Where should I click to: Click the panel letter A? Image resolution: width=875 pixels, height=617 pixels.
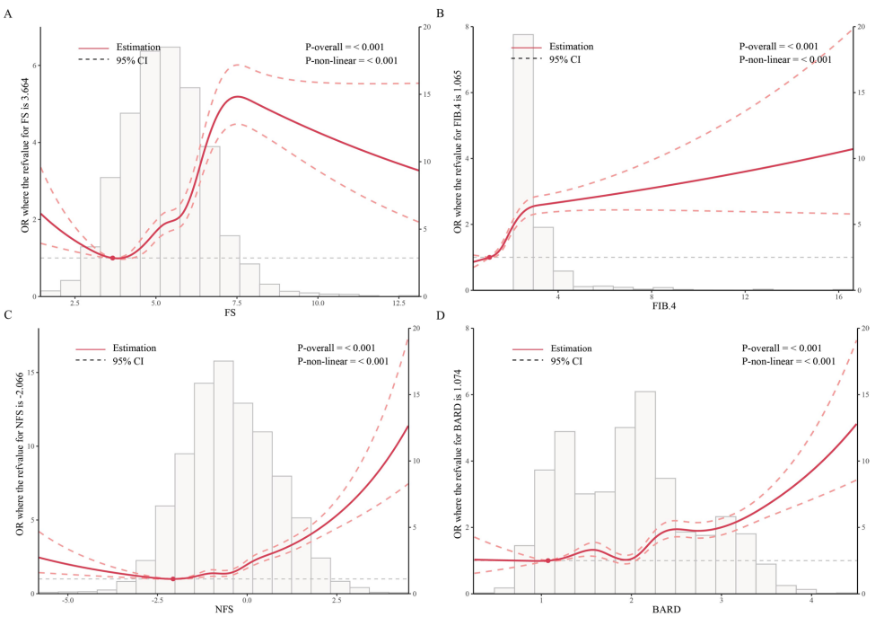(x=8, y=13)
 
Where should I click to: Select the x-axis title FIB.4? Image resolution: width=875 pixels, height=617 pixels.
(x=659, y=306)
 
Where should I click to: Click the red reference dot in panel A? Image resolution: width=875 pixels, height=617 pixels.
(x=112, y=258)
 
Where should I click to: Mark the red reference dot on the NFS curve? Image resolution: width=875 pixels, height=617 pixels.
(x=172, y=579)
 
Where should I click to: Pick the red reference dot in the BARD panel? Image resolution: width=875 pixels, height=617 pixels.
(x=547, y=560)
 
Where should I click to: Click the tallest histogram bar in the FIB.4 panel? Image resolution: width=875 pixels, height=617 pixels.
(x=523, y=162)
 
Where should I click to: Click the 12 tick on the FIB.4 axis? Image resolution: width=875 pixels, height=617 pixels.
(x=746, y=296)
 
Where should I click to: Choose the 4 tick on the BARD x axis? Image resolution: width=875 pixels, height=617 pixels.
(x=810, y=601)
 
